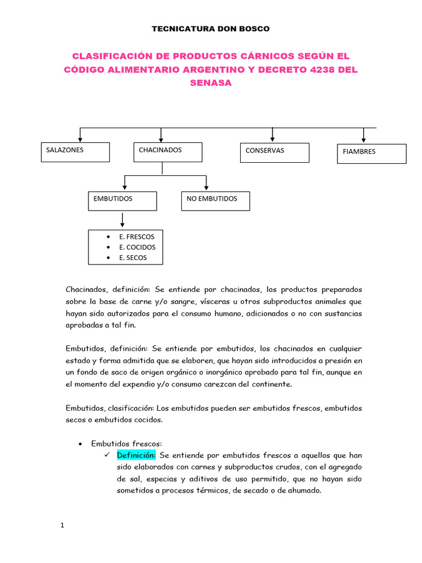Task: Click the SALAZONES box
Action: (x=76, y=152)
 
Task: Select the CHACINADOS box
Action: (x=168, y=152)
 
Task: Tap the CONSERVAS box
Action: (x=274, y=153)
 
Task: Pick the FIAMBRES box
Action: (x=371, y=154)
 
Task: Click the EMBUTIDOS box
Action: (x=122, y=201)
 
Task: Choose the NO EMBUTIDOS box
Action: (x=215, y=201)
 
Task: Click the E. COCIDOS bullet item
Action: (x=137, y=247)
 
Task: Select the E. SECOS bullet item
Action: (x=133, y=257)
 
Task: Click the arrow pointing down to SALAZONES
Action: (x=81, y=135)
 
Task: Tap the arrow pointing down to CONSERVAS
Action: (x=273, y=135)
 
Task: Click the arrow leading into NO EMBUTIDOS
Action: (x=206, y=183)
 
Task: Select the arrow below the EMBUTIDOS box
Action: (x=122, y=220)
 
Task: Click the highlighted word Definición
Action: (x=137, y=455)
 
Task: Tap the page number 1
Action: (x=63, y=526)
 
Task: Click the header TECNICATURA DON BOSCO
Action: (x=211, y=29)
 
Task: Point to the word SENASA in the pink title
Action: (x=211, y=83)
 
